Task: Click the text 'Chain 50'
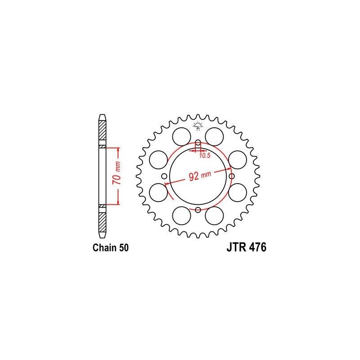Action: tap(110, 247)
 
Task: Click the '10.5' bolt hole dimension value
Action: tap(205, 155)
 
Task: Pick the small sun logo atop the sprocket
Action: tap(198, 126)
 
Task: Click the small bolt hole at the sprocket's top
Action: tap(198, 143)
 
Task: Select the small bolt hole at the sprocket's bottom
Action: tap(198, 210)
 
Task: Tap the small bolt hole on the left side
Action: tap(164, 176)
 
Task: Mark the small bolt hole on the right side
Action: tap(231, 176)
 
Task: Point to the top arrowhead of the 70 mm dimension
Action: tap(118, 149)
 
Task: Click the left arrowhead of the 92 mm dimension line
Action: tap(167, 184)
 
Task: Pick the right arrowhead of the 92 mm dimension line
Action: tap(229, 169)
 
